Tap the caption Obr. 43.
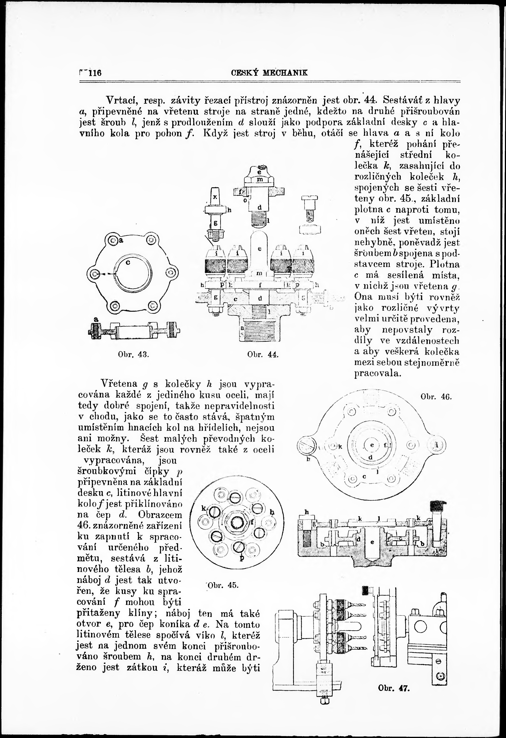tap(133, 355)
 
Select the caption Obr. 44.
tap(263, 355)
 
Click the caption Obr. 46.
tap(436, 397)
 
